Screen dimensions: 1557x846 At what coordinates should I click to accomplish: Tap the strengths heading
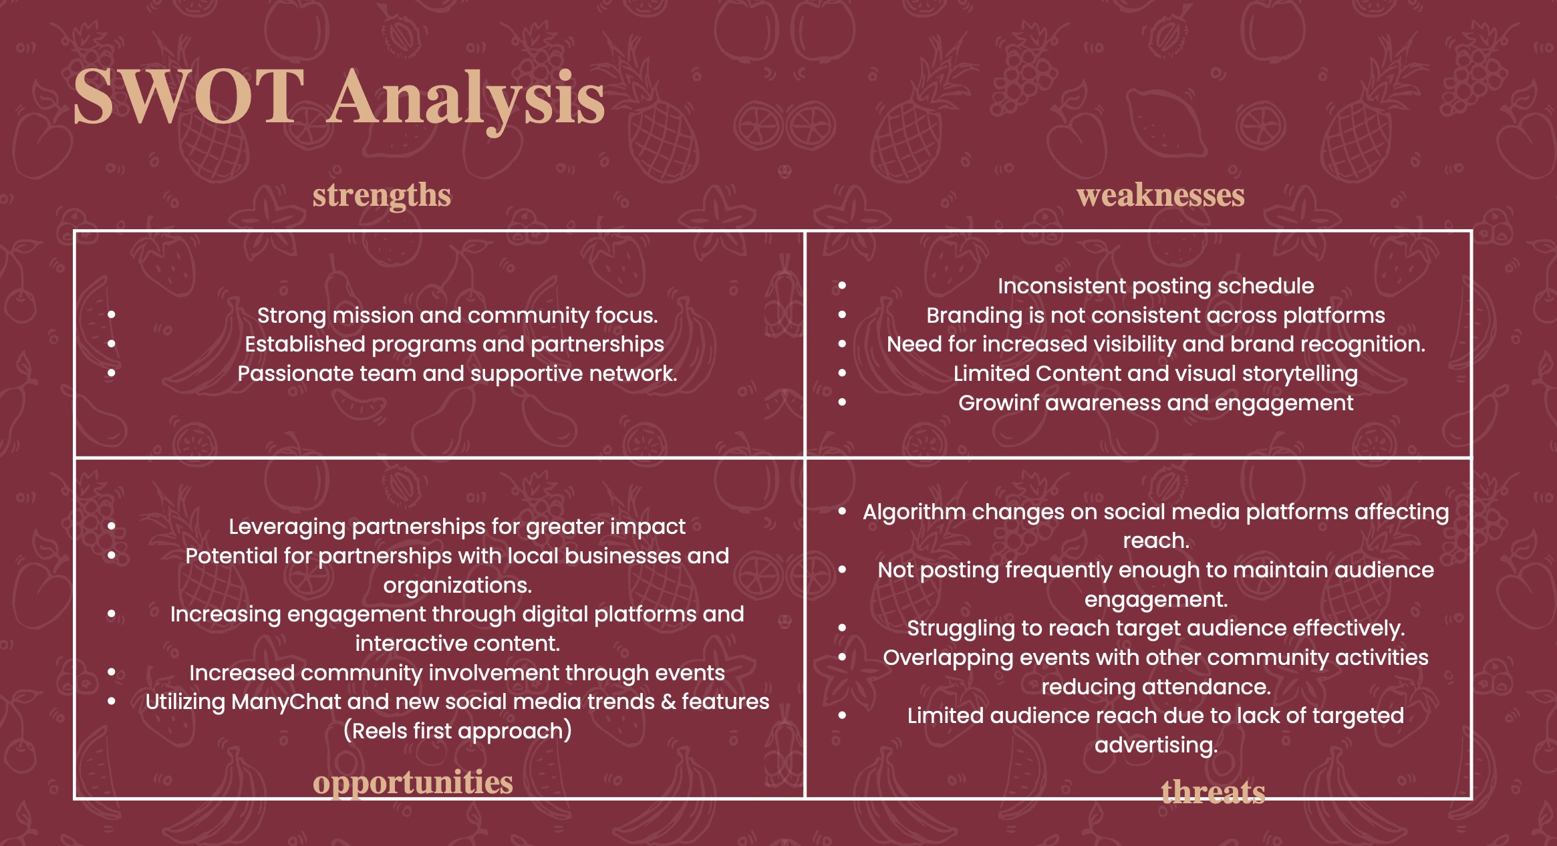coord(382,196)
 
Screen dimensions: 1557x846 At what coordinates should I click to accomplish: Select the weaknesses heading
coord(1161,195)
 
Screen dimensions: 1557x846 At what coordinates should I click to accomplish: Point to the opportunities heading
coord(413,783)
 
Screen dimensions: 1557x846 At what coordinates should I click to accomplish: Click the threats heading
coord(1213,792)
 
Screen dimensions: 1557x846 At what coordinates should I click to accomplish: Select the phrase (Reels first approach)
coord(458,731)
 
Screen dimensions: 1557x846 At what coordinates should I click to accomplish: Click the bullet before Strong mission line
coord(112,315)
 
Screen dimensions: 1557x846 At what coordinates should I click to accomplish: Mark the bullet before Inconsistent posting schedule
coord(843,286)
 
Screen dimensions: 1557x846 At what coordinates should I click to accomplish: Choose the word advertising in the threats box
coord(1156,745)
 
